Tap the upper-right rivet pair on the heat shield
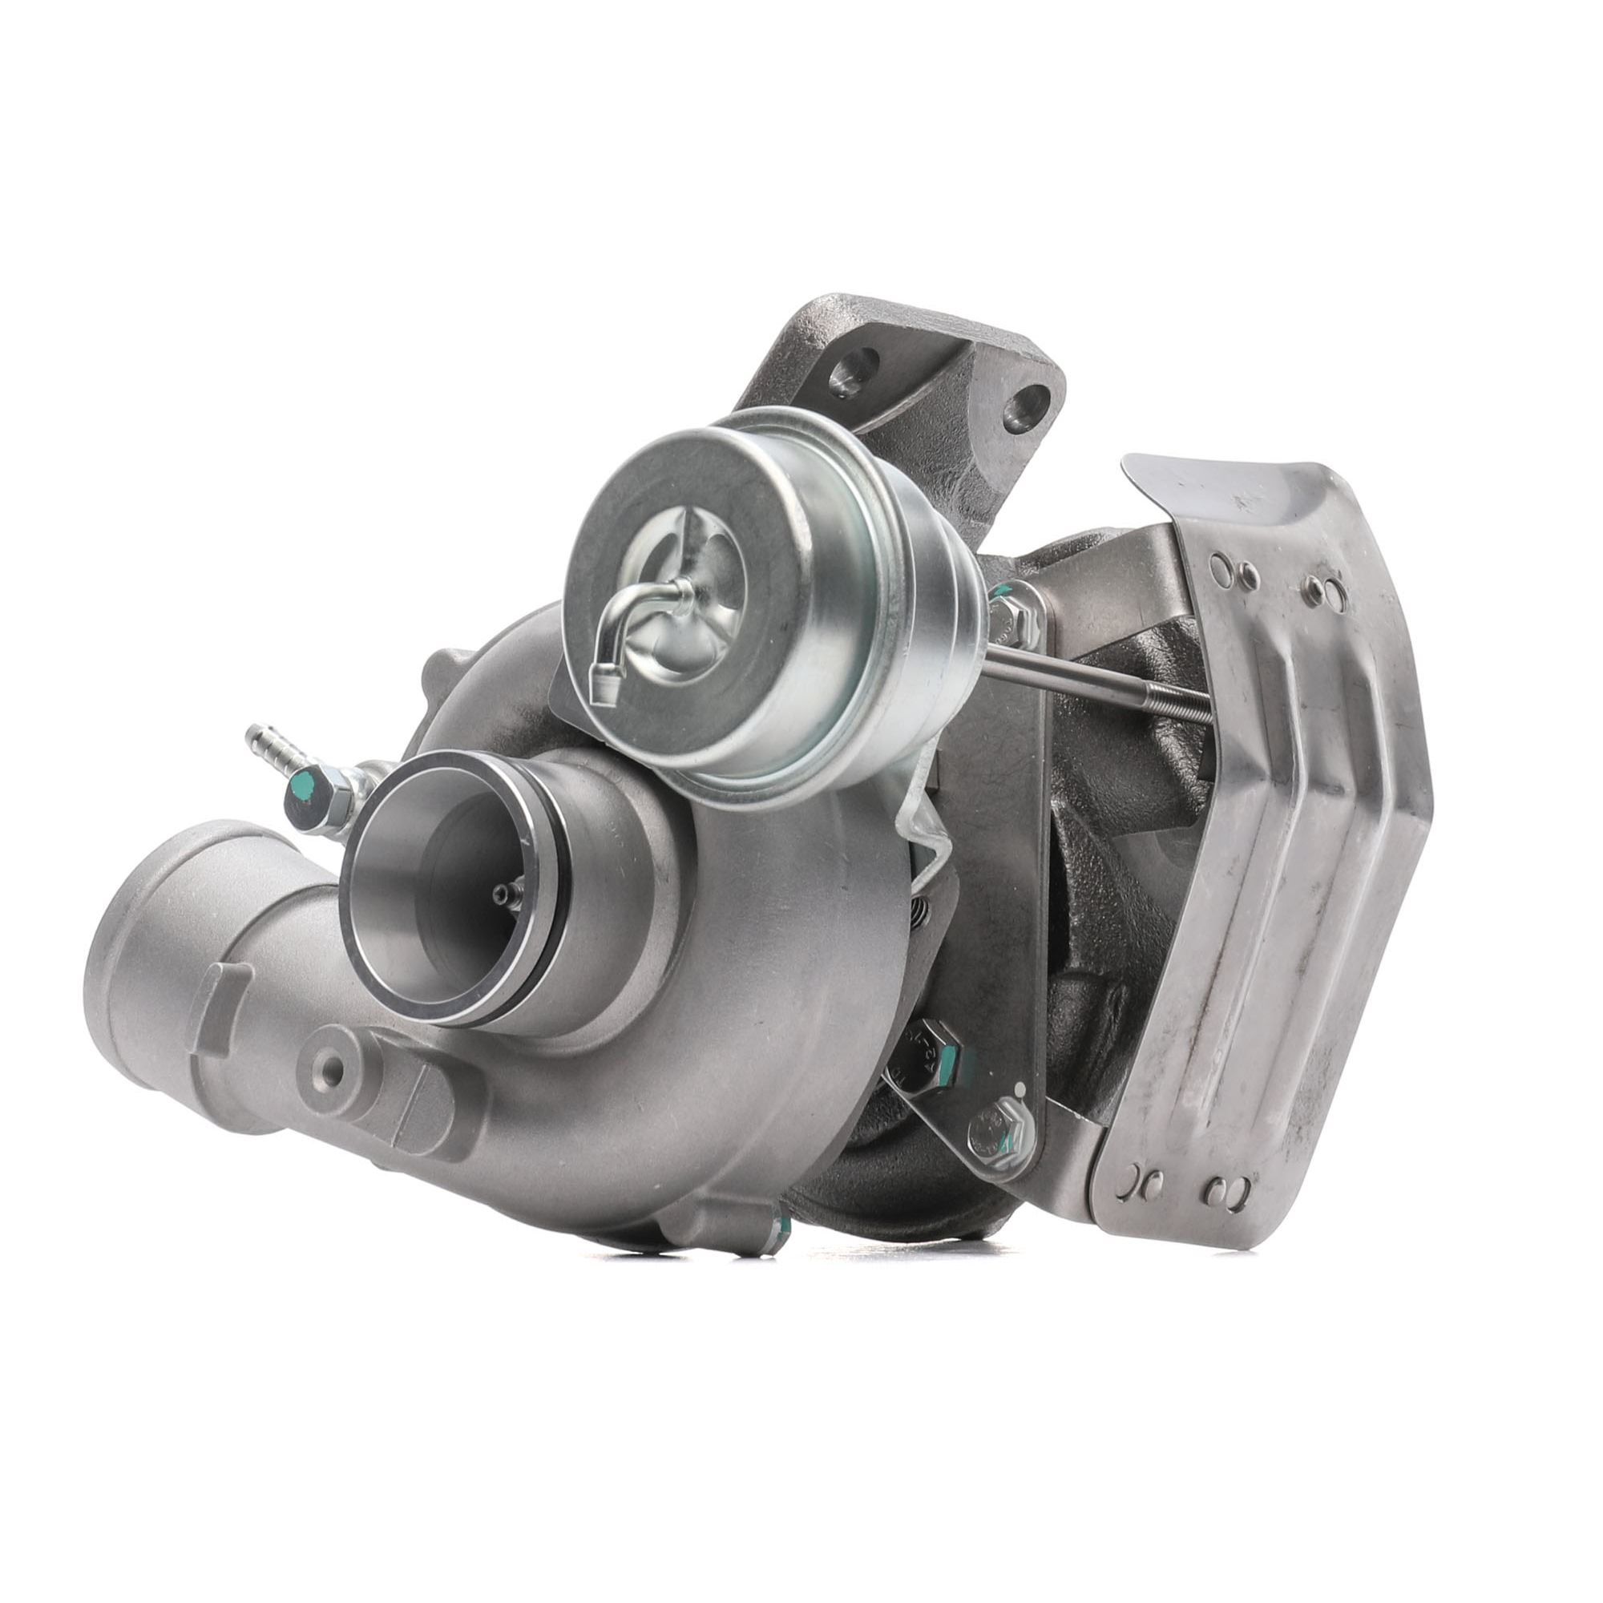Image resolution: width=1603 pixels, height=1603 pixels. point(1324,588)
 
